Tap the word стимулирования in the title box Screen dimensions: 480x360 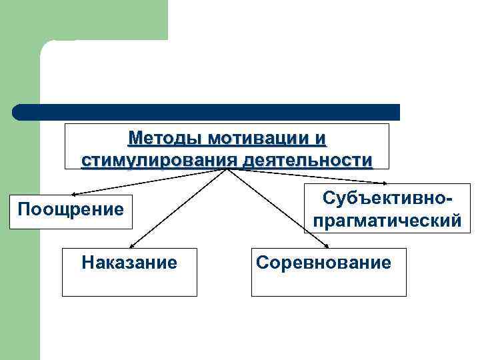point(160,160)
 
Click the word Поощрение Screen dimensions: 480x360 point(71,209)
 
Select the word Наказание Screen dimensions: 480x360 point(129,262)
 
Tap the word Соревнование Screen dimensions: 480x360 point(323,262)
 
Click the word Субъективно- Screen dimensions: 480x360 point(382,198)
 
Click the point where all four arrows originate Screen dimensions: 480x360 point(227,169)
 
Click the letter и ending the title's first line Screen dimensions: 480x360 point(321,139)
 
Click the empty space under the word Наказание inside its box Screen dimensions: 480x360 point(129,283)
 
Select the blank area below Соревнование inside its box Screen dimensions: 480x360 point(328,283)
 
